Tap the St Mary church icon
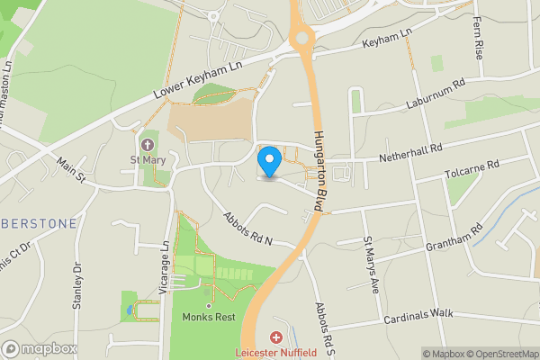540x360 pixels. pos(148,145)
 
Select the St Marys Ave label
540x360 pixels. pos(371,265)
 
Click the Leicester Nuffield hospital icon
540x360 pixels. pos(275,338)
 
